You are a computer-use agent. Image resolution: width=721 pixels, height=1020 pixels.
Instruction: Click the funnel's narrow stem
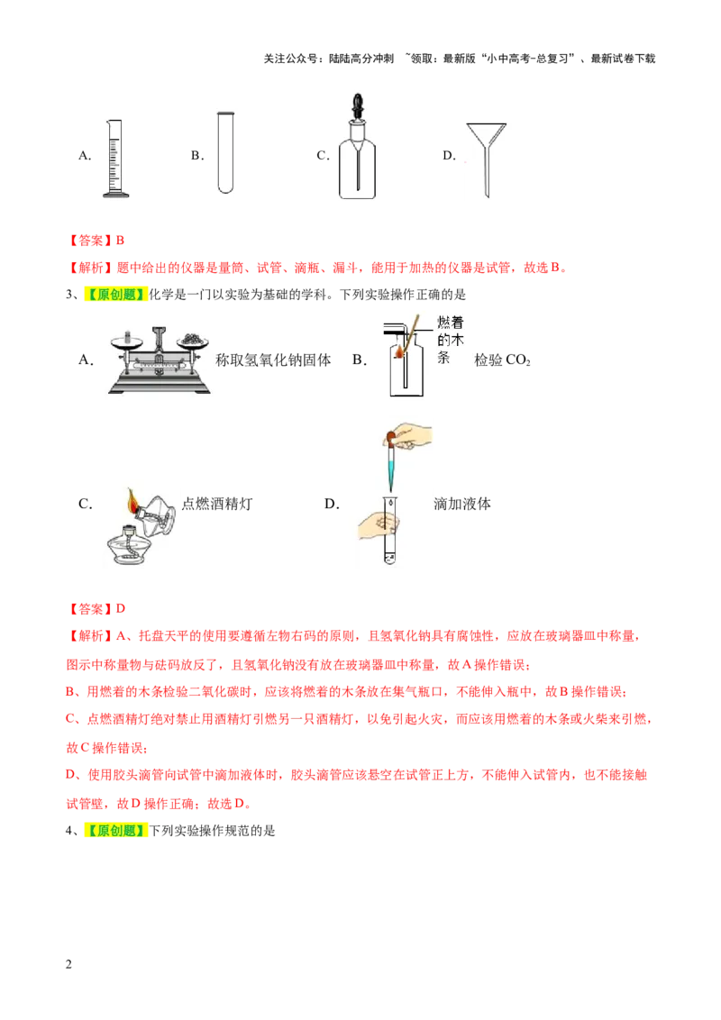tap(487, 176)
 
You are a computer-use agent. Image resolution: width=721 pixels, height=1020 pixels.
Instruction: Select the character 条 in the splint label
tap(443, 356)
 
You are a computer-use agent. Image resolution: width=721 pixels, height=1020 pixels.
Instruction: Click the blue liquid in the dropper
tap(392, 469)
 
